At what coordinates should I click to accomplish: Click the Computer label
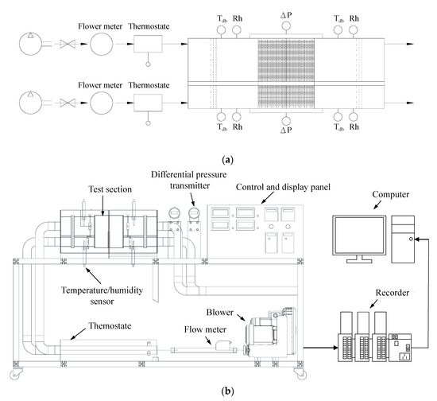coord(390,194)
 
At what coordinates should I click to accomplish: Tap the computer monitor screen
coord(359,236)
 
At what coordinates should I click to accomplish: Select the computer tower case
coord(403,239)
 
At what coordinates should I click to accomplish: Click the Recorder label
coord(393,293)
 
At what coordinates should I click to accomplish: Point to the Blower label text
coord(219,312)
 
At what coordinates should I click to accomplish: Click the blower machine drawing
coord(270,333)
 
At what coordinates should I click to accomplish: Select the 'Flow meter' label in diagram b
coord(205,329)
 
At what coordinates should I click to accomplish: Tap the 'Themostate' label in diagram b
coord(110,325)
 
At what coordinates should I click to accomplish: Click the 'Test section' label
coord(110,189)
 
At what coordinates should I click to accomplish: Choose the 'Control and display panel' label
coord(283,187)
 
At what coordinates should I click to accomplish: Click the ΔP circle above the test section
coord(286,26)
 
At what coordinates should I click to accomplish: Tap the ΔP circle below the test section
coord(286,121)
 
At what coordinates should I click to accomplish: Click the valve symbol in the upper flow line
coord(68,44)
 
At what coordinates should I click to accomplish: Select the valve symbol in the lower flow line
coord(68,103)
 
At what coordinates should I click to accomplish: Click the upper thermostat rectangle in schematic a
coord(148,44)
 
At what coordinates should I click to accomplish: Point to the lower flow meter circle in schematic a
coord(102,103)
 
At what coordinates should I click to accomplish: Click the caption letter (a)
coord(227,160)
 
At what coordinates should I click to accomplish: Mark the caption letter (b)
coord(227,391)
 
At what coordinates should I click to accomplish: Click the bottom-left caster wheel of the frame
coord(16,374)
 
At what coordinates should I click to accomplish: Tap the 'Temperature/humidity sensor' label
coord(102,296)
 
